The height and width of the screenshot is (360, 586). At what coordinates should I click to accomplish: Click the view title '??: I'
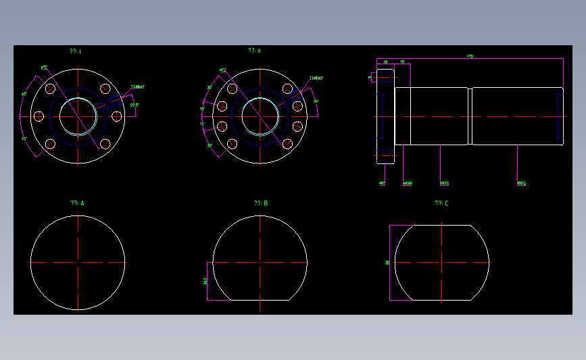[x=75, y=51]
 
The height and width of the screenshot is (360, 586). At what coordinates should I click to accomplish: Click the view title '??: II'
[x=254, y=51]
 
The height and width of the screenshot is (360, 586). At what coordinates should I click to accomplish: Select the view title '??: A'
[x=77, y=203]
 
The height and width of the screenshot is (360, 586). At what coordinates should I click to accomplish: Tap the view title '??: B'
[x=261, y=203]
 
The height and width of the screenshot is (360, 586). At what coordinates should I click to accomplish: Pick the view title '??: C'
[x=441, y=203]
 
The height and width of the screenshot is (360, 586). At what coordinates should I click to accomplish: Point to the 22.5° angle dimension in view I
[x=134, y=105]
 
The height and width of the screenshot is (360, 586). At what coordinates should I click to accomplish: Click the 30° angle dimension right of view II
[x=316, y=101]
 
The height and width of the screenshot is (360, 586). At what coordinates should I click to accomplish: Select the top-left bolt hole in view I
[x=50, y=88]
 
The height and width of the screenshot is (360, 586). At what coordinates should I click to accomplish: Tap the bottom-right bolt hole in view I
[x=105, y=144]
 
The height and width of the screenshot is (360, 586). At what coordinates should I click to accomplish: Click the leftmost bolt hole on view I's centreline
[x=39, y=116]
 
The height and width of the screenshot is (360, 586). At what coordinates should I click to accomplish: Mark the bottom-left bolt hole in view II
[x=232, y=144]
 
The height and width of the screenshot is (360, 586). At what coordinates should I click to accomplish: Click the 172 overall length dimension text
[x=470, y=56]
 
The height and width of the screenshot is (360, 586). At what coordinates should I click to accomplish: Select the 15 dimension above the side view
[x=402, y=61]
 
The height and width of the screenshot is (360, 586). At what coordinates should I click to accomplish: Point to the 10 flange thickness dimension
[x=385, y=61]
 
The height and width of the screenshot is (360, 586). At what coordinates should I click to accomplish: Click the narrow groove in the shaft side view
[x=470, y=116]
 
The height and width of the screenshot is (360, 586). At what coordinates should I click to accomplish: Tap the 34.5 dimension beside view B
[x=205, y=280]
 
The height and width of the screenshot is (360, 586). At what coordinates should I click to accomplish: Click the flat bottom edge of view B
[x=260, y=300]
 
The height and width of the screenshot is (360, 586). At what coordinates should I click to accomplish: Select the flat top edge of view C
[x=441, y=226]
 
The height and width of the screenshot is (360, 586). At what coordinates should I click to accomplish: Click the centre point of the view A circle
[x=78, y=262]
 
